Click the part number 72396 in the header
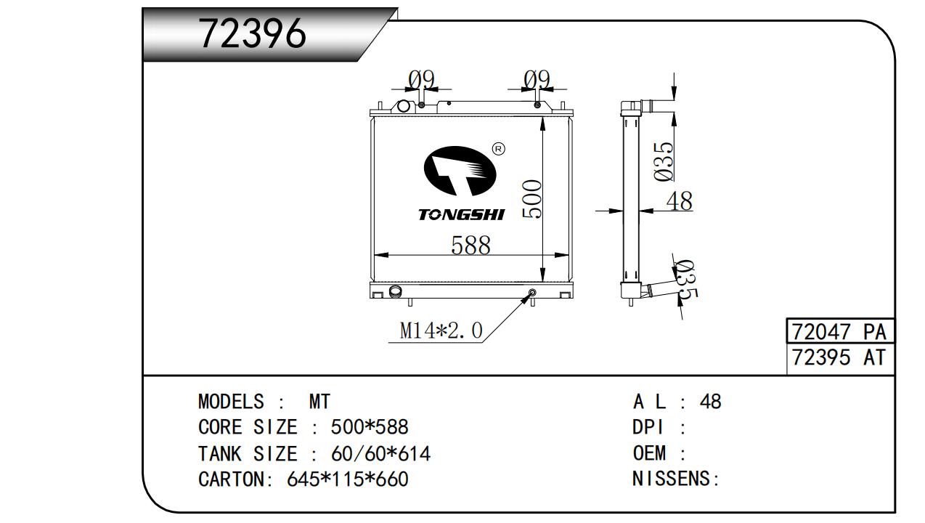pyautogui.click(x=253, y=33)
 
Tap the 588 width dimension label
pyautogui.click(x=470, y=245)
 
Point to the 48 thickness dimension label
pyautogui.click(x=680, y=201)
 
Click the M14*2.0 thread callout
pyautogui.click(x=441, y=331)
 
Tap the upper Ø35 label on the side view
pyautogui.click(x=664, y=161)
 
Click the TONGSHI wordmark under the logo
pyautogui.click(x=462, y=215)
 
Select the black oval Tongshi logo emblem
pyautogui.click(x=460, y=171)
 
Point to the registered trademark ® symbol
pyautogui.click(x=499, y=149)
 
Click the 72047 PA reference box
pyautogui.click(x=840, y=331)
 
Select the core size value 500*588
pyautogui.click(x=370, y=427)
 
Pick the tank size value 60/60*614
pyautogui.click(x=380, y=453)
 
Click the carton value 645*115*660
pyautogui.click(x=348, y=479)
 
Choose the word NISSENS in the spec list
pyautogui.click(x=671, y=479)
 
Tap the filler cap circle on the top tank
pyautogui.click(x=403, y=106)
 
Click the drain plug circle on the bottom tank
pyautogui.click(x=533, y=293)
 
